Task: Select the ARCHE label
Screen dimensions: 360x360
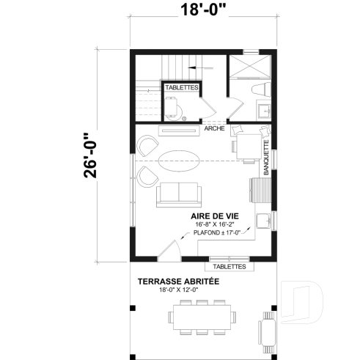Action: (214, 128)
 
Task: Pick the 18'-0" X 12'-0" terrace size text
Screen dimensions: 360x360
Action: (178, 290)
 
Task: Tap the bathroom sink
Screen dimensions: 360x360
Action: (262, 111)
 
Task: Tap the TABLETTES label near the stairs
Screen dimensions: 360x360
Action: (180, 87)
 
